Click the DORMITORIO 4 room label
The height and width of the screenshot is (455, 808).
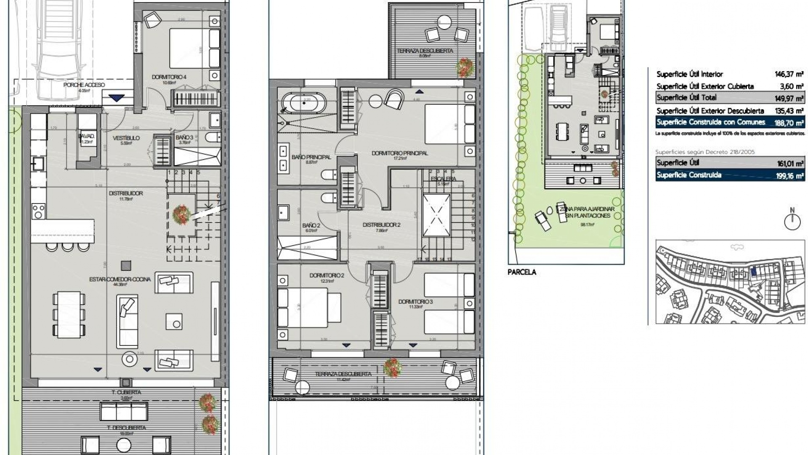click(169, 77)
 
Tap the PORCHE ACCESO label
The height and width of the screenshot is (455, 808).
click(84, 85)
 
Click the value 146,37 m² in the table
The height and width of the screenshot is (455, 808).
click(789, 74)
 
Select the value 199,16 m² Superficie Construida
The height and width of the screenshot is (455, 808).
click(790, 176)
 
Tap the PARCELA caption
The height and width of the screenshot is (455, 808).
click(522, 272)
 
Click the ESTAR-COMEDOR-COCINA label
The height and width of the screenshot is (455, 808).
click(120, 279)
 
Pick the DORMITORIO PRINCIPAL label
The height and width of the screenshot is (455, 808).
click(399, 153)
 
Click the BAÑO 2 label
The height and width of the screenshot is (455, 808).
click(311, 226)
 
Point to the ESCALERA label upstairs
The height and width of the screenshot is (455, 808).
click(443, 179)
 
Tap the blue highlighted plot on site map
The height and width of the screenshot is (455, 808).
click(753, 271)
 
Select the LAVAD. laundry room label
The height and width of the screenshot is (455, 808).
click(86, 136)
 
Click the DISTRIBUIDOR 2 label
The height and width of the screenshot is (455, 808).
click(381, 225)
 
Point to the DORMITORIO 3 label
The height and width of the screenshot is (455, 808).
click(415, 302)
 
